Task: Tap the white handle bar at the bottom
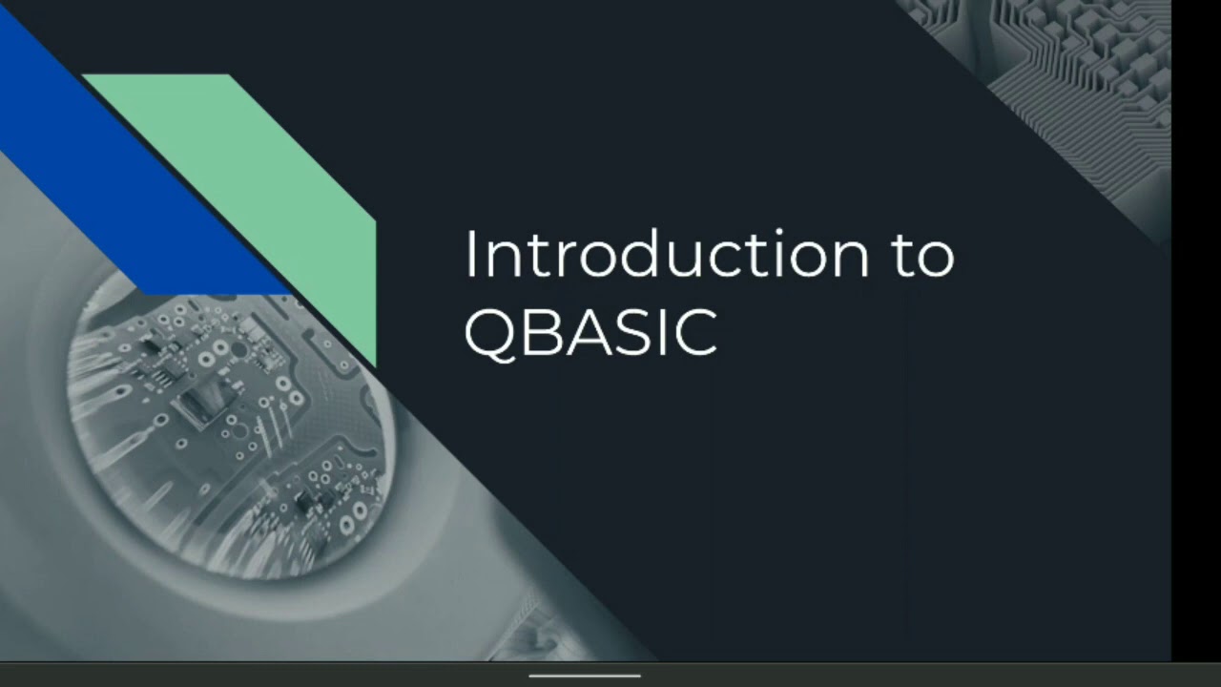pos(585,676)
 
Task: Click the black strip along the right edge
pos(1196,334)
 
